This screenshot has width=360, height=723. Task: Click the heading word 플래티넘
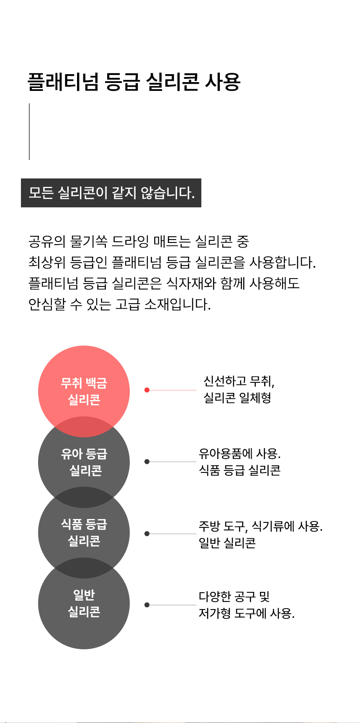[x=63, y=82]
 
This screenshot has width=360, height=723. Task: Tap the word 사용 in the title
[x=222, y=82]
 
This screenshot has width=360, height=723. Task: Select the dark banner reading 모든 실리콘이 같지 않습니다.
[x=111, y=193]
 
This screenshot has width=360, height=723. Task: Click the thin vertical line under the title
[x=29, y=132]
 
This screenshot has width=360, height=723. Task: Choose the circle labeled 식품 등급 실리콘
[x=84, y=532]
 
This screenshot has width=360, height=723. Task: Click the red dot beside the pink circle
[x=147, y=390]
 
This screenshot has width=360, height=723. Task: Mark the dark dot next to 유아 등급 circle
[x=147, y=462]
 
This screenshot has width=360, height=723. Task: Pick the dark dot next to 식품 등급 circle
[x=147, y=534]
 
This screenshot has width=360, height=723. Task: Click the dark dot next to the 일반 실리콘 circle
[x=147, y=605]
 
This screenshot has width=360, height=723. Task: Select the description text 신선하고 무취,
[x=239, y=381]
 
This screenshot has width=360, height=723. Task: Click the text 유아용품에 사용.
[x=239, y=454]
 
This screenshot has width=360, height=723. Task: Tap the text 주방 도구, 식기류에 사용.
[x=260, y=526]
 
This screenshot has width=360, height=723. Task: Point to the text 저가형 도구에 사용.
[x=247, y=614]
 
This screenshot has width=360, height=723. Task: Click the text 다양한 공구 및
[x=234, y=596]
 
